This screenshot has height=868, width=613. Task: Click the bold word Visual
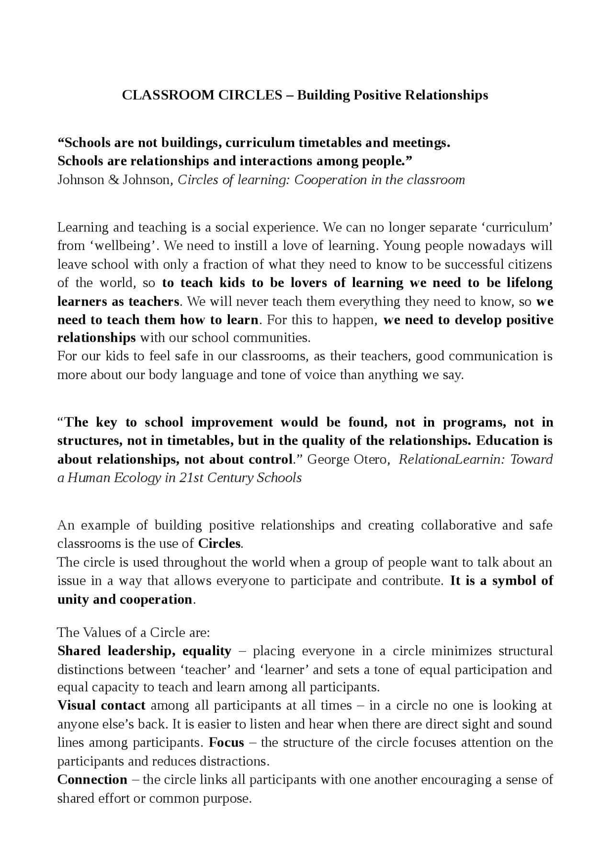click(x=77, y=706)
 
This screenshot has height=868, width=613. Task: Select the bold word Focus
click(x=226, y=743)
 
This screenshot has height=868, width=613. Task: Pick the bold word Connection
click(x=92, y=780)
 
